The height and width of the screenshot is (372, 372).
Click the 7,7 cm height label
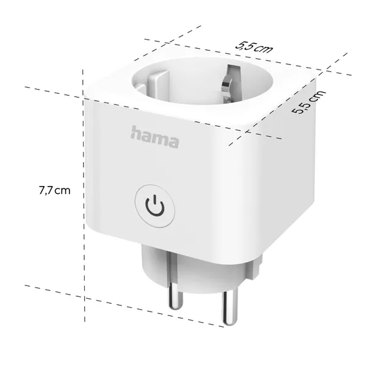[54, 190]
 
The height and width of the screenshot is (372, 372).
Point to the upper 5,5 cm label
[253, 47]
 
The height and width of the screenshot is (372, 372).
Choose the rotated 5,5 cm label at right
[309, 102]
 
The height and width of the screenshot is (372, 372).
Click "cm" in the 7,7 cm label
[63, 190]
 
